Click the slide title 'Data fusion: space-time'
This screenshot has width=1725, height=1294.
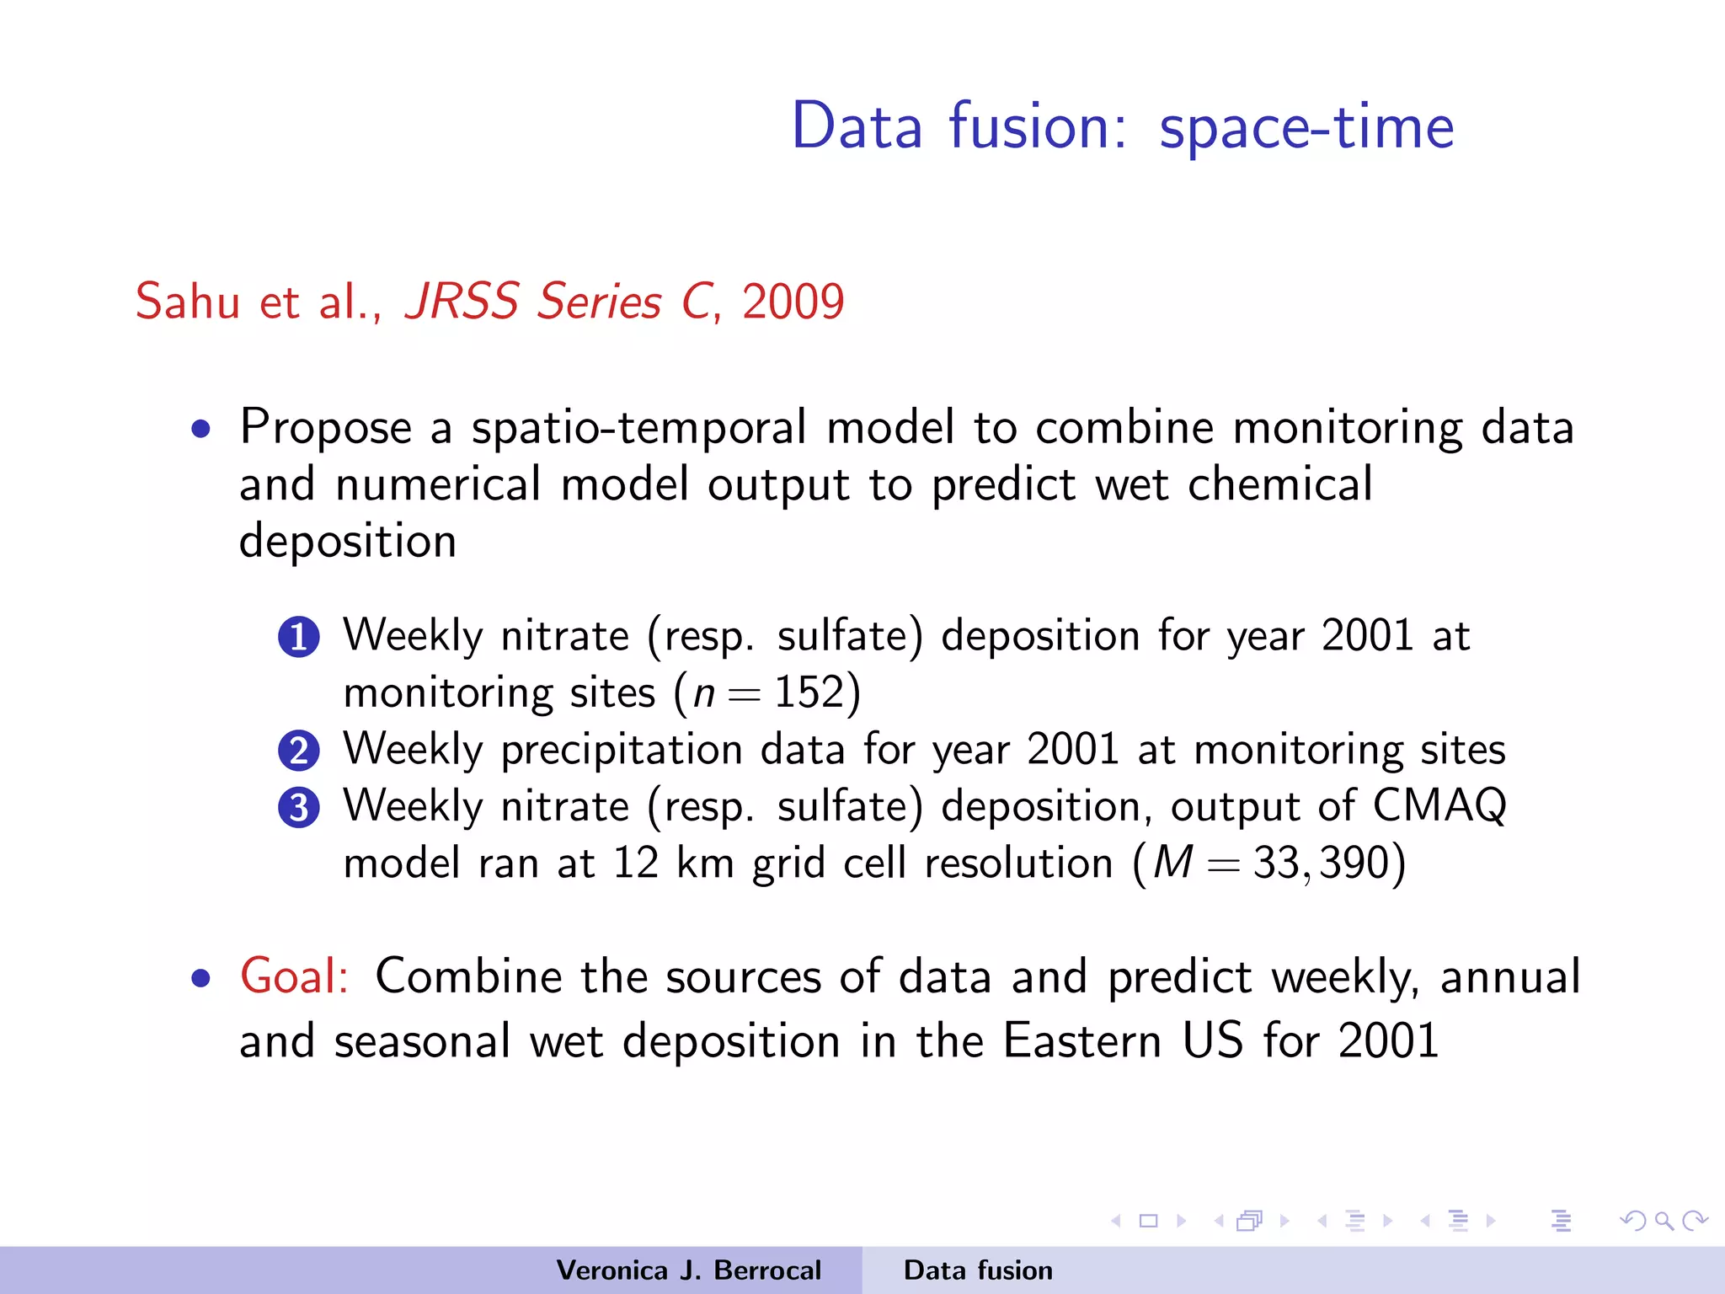click(x=1122, y=126)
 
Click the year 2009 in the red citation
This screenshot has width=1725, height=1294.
click(x=793, y=302)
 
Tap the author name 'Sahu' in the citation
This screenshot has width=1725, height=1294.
click(x=188, y=302)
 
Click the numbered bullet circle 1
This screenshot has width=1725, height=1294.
click(x=299, y=637)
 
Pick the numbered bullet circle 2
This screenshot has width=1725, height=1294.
click(x=299, y=751)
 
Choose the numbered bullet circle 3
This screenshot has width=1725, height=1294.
click(x=299, y=808)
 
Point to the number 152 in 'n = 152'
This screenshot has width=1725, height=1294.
click(x=809, y=692)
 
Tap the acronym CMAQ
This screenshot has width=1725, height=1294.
click(x=1439, y=805)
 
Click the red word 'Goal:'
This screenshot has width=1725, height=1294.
click(x=294, y=976)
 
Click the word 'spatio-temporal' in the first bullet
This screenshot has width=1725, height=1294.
click(x=638, y=427)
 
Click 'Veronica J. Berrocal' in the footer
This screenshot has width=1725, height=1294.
click(x=688, y=1270)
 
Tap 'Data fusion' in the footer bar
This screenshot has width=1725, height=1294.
click(x=978, y=1270)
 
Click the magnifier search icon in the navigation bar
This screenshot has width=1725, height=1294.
click(x=1664, y=1221)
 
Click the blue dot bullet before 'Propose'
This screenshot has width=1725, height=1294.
click(x=200, y=430)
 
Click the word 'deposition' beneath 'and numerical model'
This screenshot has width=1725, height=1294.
click(x=348, y=541)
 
